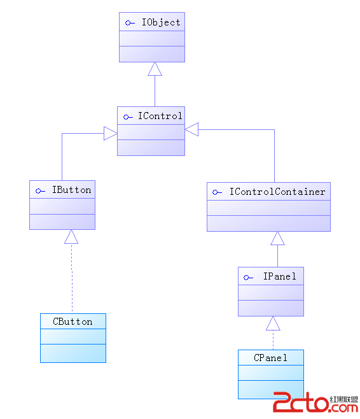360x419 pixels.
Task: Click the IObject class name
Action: pos(161,22)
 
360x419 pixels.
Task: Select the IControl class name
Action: pos(160,116)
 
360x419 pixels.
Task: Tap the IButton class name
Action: pos(71,190)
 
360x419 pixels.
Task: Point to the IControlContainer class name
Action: pos(277,192)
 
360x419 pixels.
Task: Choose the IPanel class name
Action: pos(280,276)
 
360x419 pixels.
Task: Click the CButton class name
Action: pos(73,322)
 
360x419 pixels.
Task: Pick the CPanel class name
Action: pos(270,358)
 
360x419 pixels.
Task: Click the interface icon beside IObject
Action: pos(130,23)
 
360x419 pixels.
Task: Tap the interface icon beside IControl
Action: pos(128,117)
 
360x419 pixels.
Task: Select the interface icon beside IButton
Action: pos(40,191)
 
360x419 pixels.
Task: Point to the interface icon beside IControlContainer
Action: pos(217,192)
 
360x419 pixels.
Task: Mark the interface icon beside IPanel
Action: pos(248,278)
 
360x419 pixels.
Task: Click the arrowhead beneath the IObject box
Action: pos(155,69)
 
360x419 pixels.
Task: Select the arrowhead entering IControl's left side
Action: pos(111,133)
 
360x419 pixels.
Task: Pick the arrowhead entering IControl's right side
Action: pos(191,129)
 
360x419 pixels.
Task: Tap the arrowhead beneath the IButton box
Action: pos(71,237)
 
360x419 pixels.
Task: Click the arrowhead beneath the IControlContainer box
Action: pos(277,238)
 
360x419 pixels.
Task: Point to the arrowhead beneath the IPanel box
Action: pos(273,323)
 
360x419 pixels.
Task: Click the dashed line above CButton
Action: pos(72,278)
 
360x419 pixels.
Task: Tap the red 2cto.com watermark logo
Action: pos(315,402)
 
